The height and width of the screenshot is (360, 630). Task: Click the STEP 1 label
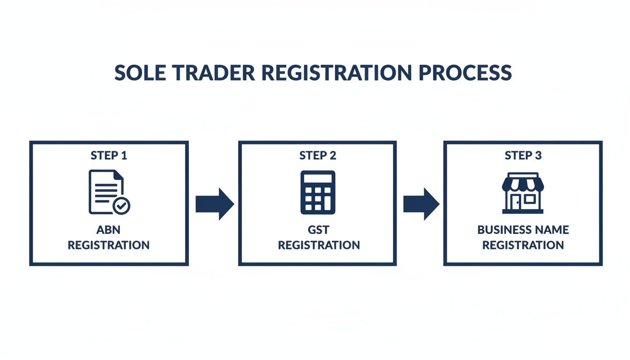(x=109, y=156)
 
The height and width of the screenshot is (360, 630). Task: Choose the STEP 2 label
(x=318, y=156)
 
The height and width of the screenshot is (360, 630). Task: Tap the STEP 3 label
(x=523, y=156)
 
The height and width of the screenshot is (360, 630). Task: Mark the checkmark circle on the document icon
(x=122, y=206)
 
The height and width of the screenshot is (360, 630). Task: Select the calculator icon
(x=318, y=193)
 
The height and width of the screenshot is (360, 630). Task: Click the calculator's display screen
(x=318, y=179)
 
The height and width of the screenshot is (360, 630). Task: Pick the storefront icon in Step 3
(x=523, y=193)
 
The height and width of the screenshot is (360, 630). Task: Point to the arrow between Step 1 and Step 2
(x=214, y=204)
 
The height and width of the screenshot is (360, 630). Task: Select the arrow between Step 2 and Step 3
(x=421, y=204)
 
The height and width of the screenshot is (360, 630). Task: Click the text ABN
(x=108, y=230)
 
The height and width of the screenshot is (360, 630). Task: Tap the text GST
(x=318, y=230)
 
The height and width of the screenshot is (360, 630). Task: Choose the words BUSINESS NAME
(x=523, y=230)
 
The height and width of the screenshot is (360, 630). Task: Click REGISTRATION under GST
(x=319, y=245)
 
